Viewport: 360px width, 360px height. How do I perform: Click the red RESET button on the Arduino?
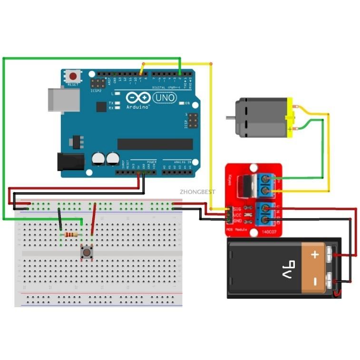pyautogui.click(x=73, y=76)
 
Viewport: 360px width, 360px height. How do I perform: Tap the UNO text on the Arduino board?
pyautogui.click(x=164, y=98)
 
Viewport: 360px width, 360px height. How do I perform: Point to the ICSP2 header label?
pyautogui.click(x=96, y=89)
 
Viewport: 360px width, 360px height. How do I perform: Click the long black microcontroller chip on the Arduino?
pyautogui.click(x=155, y=144)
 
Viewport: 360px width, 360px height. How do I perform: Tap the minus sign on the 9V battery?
pyautogui.click(x=314, y=281)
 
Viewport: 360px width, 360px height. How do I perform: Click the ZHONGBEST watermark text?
pyautogui.click(x=197, y=192)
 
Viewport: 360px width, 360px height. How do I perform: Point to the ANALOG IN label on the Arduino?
pyautogui.click(x=183, y=162)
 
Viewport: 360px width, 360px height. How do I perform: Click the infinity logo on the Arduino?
pyautogui.click(x=139, y=98)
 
